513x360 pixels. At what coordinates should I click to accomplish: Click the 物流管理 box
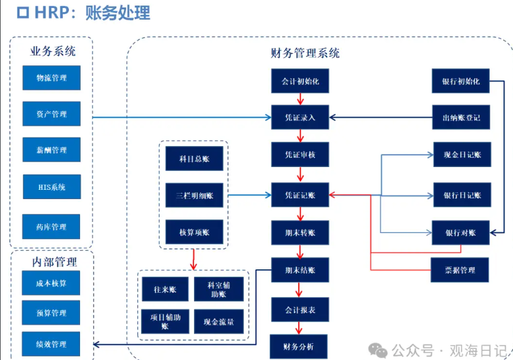pyautogui.click(x=51, y=78)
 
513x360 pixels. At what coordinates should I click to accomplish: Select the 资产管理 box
pyautogui.click(x=51, y=114)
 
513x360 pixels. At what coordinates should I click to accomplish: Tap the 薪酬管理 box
pyautogui.click(x=51, y=150)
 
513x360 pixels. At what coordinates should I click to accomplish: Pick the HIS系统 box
pyautogui.click(x=51, y=187)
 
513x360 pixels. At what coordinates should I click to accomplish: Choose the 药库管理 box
pyautogui.click(x=51, y=227)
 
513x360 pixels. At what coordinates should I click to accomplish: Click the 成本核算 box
pyautogui.click(x=51, y=283)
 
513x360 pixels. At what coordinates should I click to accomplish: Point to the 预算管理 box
pyautogui.click(x=51, y=313)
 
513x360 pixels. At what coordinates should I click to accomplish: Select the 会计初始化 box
pyautogui.click(x=300, y=81)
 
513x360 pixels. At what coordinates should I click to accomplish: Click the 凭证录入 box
pyautogui.click(x=300, y=117)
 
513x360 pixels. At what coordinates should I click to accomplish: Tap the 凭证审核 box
pyautogui.click(x=300, y=155)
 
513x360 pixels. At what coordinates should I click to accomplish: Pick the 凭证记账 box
pyautogui.click(x=300, y=195)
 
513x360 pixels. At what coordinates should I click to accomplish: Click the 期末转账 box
pyautogui.click(x=300, y=233)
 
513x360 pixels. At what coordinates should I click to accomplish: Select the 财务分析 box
pyautogui.click(x=300, y=346)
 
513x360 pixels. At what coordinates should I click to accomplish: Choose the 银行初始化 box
pyautogui.click(x=461, y=81)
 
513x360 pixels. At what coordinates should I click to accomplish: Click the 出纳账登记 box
pyautogui.click(x=461, y=117)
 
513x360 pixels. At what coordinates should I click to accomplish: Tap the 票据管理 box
pyautogui.click(x=460, y=270)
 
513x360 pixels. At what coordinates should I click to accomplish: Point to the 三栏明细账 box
pyautogui.click(x=194, y=195)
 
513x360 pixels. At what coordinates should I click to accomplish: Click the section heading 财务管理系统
pyautogui.click(x=305, y=53)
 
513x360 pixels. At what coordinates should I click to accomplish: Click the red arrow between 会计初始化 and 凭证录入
pyautogui.click(x=300, y=99)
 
